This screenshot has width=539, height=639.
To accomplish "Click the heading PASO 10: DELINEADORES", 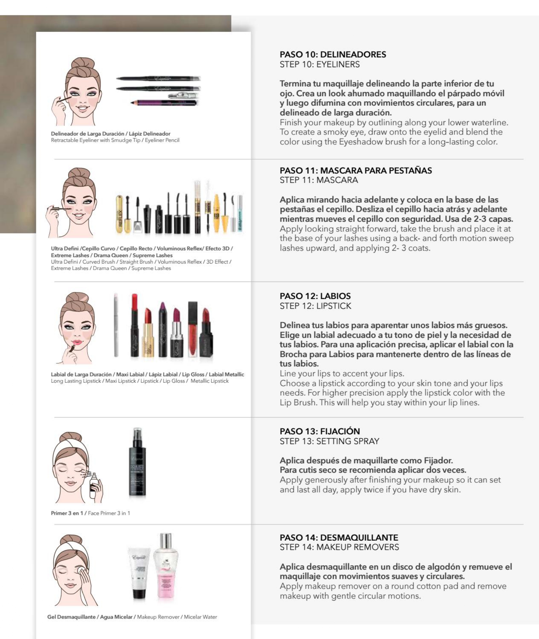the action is point(333,54).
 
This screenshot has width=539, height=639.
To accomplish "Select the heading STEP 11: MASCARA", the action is point(319,180).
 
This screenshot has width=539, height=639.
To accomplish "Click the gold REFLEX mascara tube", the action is point(119,214).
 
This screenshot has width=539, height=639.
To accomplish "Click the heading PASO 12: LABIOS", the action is point(315,296).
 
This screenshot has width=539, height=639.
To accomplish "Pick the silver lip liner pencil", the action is point(116,325).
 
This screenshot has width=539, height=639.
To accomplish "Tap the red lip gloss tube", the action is point(192,329).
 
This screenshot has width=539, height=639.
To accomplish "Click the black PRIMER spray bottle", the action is point(137,462).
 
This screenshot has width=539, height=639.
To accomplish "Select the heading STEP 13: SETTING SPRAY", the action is point(329,441).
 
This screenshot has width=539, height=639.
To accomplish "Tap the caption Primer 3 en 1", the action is point(67,513).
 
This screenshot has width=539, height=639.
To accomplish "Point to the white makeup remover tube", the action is point(139,573).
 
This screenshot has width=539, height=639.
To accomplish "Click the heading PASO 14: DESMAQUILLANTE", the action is point(339,537).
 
